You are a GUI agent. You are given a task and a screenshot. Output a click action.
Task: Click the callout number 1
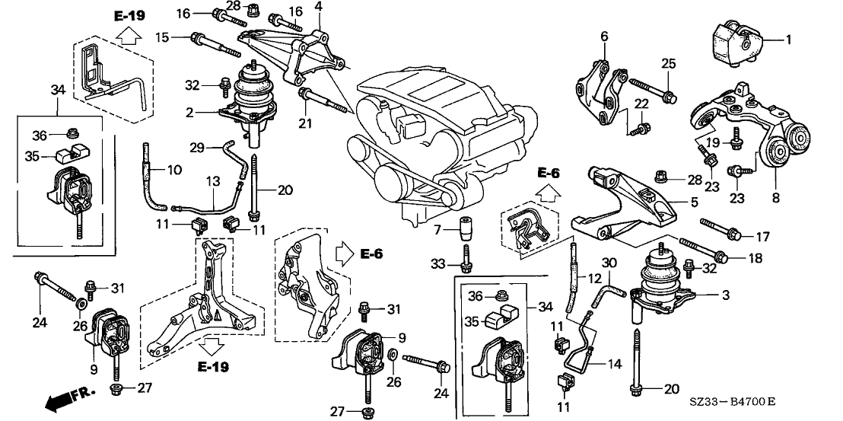(x=788, y=38)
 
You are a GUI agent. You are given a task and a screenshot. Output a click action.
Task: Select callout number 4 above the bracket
(x=318, y=7)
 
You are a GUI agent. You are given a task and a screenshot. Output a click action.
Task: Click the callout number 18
(x=755, y=259)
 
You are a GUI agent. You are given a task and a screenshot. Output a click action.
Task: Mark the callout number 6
(x=604, y=35)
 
